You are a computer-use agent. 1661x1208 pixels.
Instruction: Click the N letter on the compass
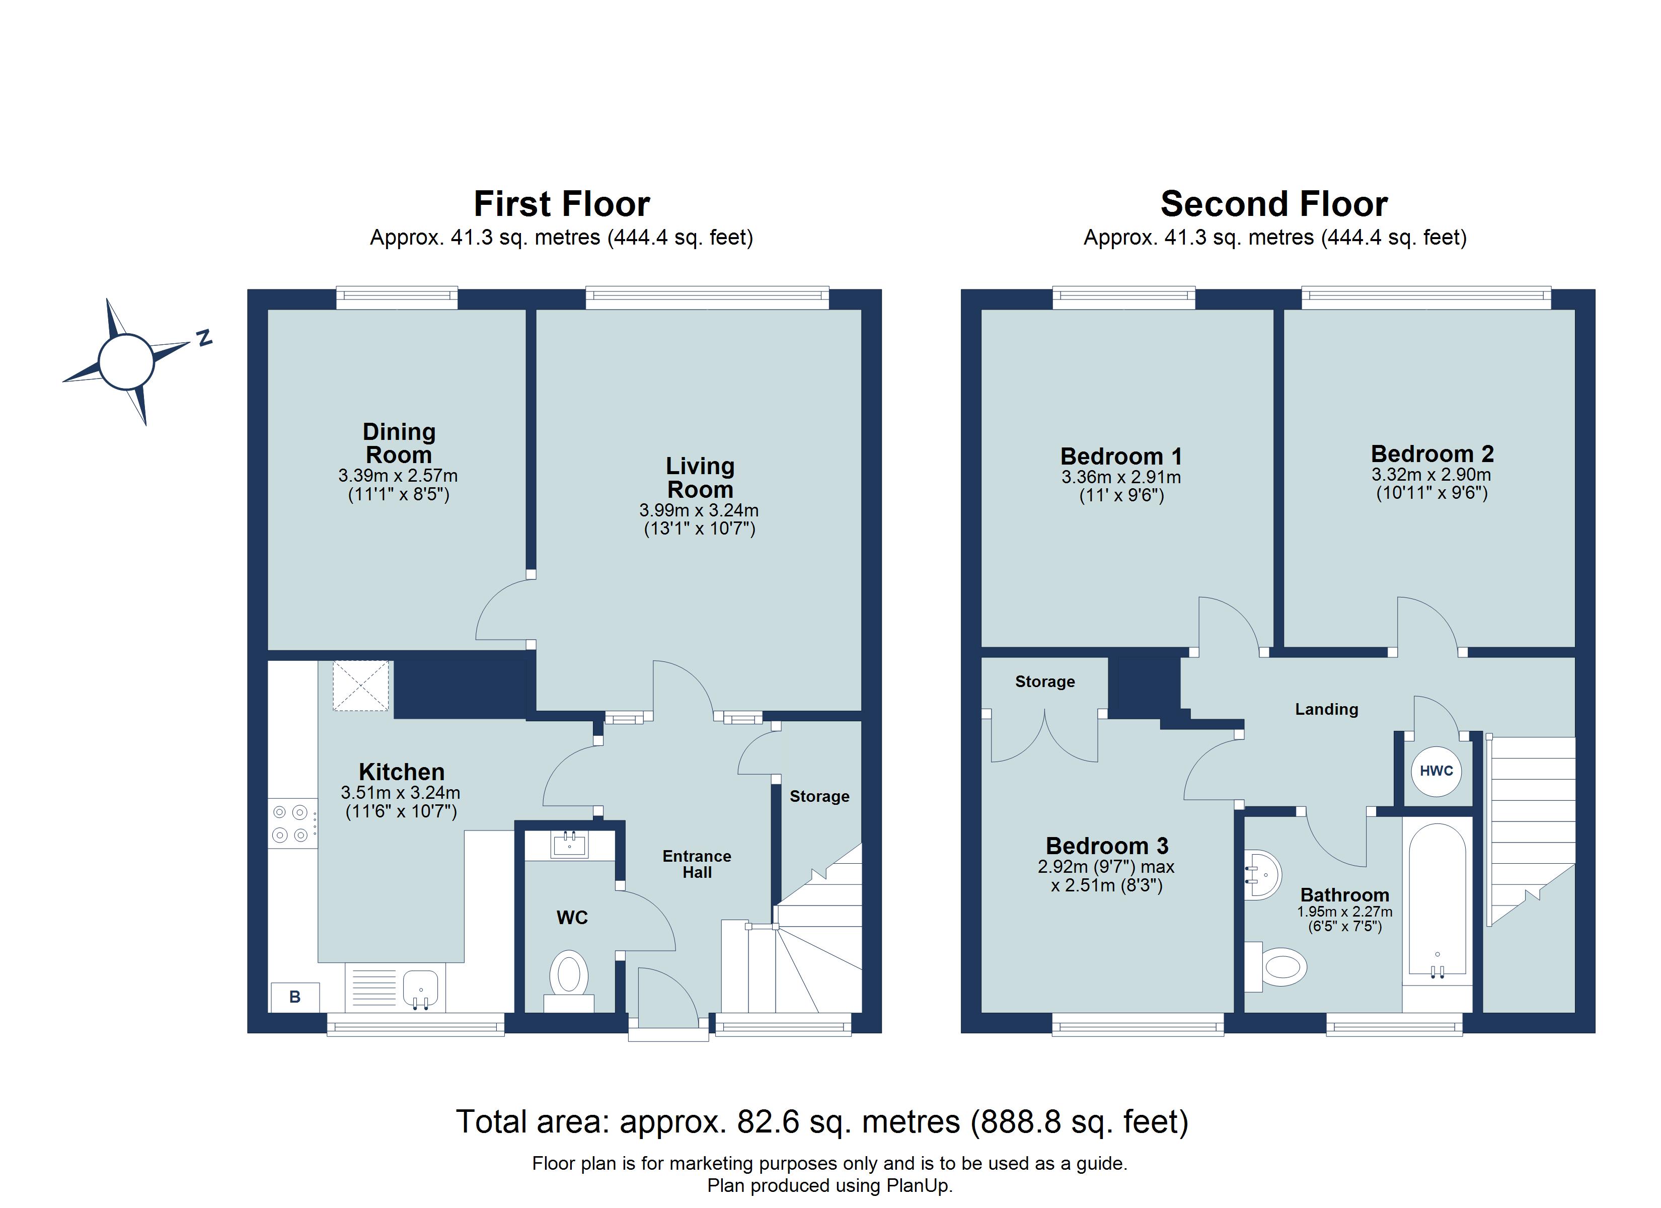(204, 338)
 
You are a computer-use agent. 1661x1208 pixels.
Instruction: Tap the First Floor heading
(561, 204)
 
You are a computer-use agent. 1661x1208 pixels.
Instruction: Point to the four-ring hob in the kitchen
(291, 822)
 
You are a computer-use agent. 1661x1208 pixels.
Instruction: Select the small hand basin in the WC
(569, 846)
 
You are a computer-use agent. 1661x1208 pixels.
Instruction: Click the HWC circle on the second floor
(1436, 771)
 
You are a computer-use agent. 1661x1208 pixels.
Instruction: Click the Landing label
(1326, 709)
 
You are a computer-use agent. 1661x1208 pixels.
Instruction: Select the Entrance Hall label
(697, 864)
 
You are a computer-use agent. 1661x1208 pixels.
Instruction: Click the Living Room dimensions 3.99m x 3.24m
(699, 510)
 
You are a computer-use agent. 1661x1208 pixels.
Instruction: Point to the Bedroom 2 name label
(1432, 454)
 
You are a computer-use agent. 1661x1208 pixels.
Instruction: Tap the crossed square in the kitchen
(361, 686)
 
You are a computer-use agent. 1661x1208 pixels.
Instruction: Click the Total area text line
(822, 1121)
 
